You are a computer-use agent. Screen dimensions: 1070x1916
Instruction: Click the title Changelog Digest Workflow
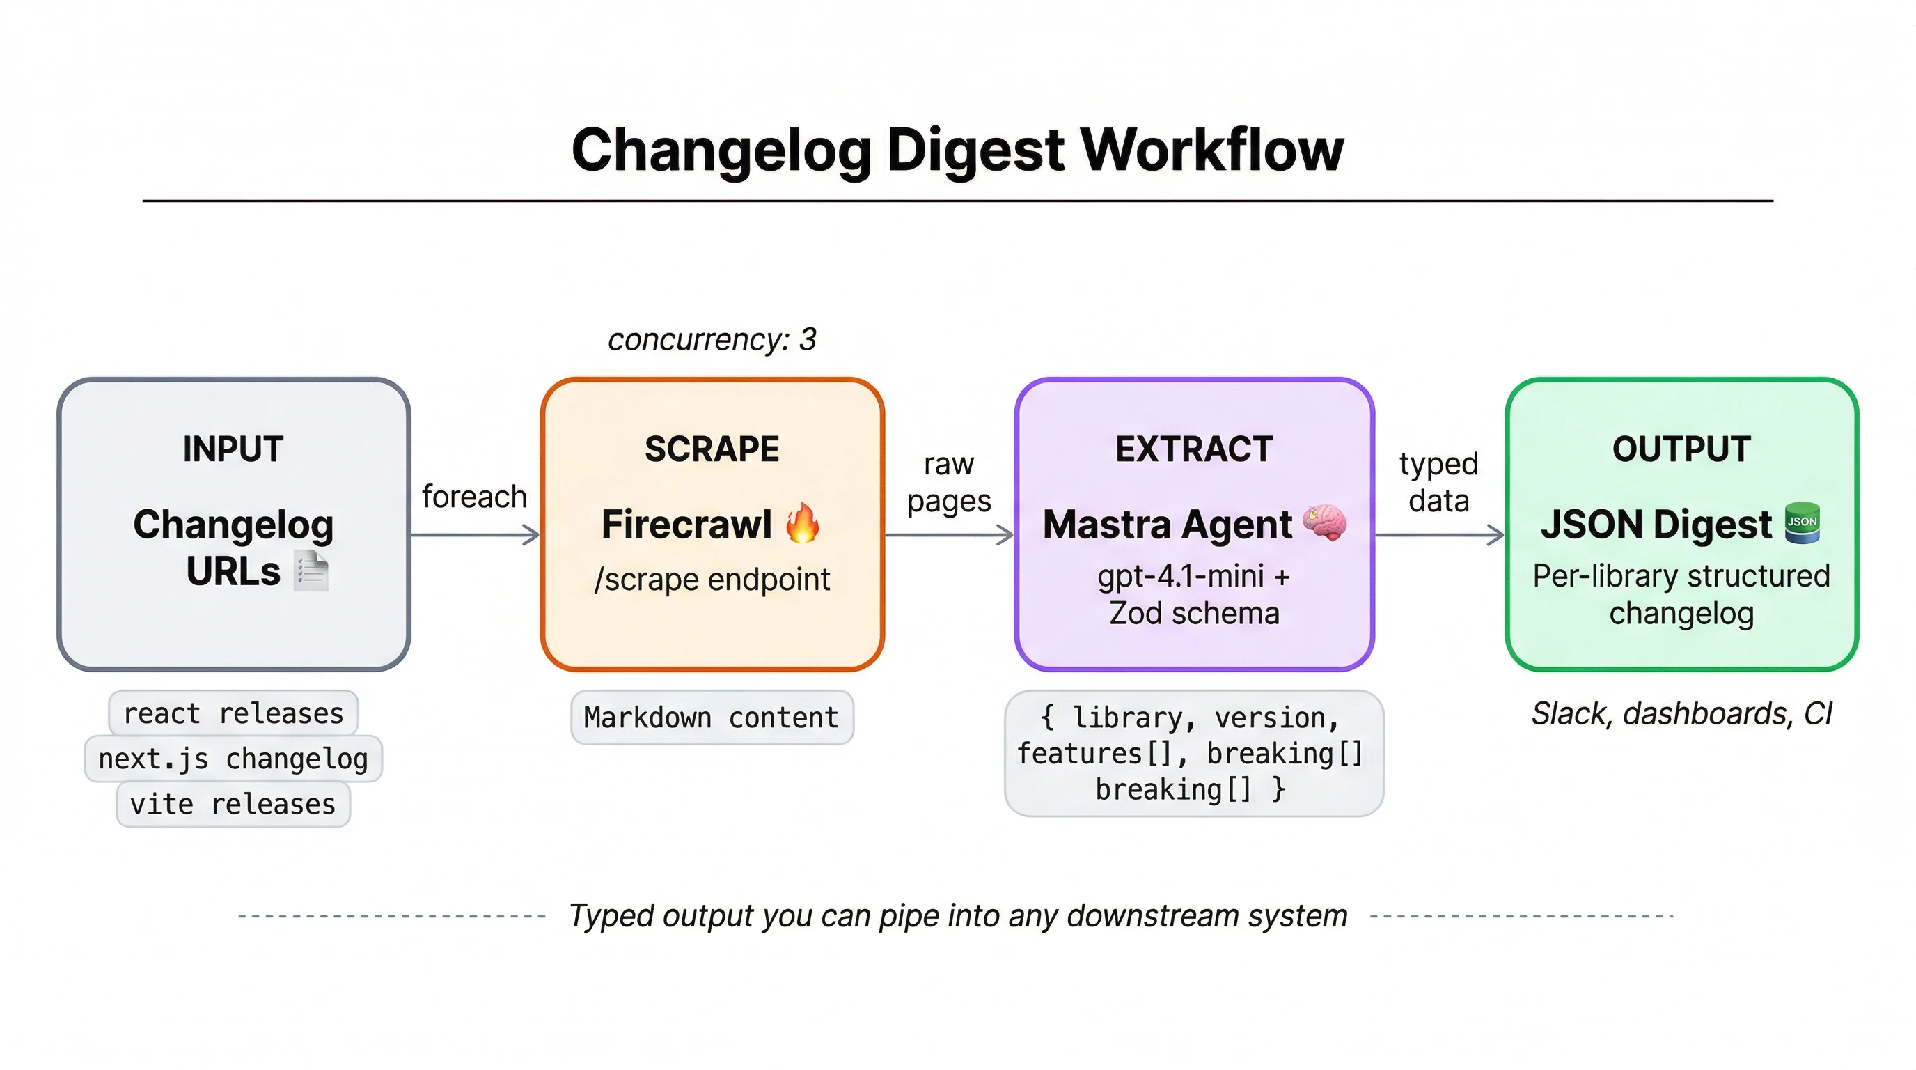(957, 150)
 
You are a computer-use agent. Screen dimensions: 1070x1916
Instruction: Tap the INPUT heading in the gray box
(233, 449)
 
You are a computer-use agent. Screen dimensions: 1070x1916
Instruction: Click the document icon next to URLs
(311, 571)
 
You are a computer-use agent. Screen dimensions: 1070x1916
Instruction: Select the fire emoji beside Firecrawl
(803, 523)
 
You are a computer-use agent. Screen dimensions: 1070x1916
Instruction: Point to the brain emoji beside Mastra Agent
(1325, 522)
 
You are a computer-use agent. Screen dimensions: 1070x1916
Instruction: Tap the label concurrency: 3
(712, 340)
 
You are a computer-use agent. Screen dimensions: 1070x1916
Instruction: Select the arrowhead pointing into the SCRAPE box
(532, 534)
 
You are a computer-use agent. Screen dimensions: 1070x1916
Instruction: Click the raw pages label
(948, 482)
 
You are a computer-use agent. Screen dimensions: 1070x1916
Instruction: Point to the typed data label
(1438, 482)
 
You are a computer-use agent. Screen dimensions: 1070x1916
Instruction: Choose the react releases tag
(233, 713)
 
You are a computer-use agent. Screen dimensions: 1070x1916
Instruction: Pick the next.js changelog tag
(233, 759)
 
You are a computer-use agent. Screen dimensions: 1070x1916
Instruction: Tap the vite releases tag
(233, 805)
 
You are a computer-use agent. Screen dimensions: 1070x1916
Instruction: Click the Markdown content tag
(712, 718)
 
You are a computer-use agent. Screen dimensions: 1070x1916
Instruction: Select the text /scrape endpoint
(712, 580)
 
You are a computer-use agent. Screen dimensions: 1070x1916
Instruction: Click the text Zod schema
(1194, 614)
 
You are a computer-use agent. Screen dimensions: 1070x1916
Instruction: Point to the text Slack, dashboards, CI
(1681, 713)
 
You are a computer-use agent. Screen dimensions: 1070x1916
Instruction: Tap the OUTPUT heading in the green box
(1681, 449)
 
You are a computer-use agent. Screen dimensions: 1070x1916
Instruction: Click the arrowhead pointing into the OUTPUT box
(1496, 534)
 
